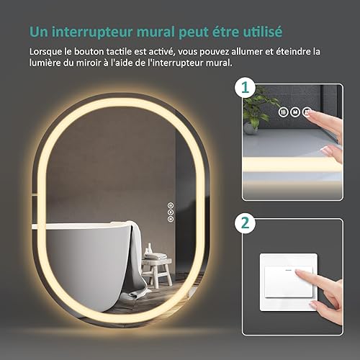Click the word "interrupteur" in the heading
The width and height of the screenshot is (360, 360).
(x=92, y=32)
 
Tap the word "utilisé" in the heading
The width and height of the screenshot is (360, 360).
(x=262, y=31)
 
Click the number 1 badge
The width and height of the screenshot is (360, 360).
(x=245, y=87)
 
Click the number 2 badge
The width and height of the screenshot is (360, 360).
(x=245, y=223)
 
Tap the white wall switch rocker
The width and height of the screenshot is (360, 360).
(x=289, y=282)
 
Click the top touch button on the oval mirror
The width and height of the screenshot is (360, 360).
(x=171, y=205)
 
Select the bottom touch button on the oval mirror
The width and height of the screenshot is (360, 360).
(x=171, y=219)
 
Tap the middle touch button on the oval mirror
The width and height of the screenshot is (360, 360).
(x=171, y=212)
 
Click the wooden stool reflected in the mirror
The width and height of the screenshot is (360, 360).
(x=157, y=272)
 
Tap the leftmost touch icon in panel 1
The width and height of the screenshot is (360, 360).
(x=284, y=112)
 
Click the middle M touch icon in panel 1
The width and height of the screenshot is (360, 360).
(x=295, y=112)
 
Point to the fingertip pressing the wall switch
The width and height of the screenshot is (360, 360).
(x=298, y=272)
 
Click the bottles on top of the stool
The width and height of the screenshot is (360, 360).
(x=149, y=248)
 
